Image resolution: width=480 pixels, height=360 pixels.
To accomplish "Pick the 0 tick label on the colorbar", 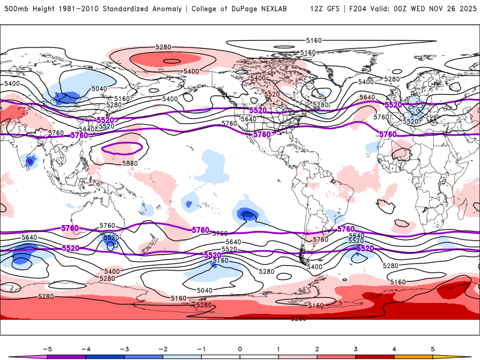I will tap(240, 349).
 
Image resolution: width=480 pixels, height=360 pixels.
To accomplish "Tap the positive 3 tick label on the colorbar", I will tap(356, 349).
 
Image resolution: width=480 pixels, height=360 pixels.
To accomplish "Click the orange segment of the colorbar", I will tap(413, 356).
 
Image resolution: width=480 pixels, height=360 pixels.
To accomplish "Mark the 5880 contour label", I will tap(122, 163).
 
